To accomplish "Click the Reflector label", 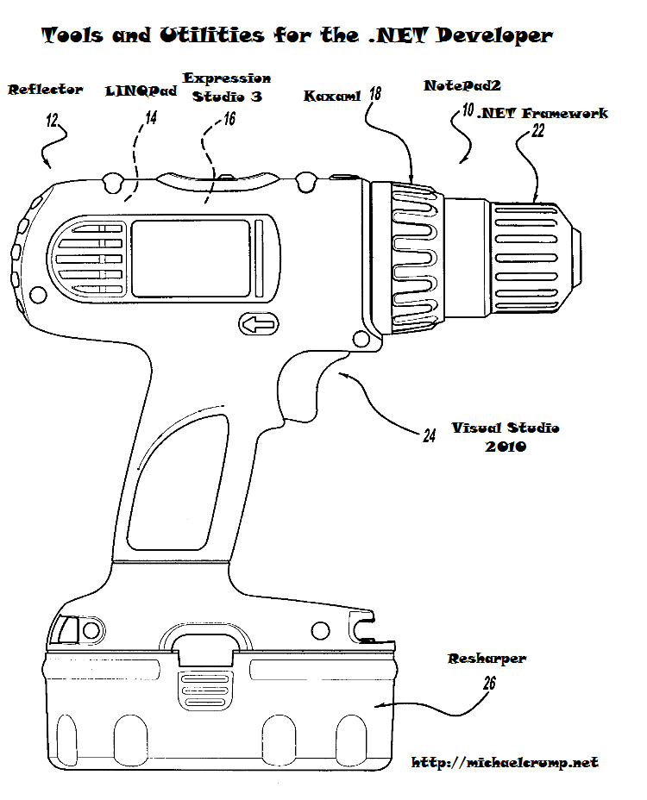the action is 46,90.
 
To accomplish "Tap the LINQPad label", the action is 141,91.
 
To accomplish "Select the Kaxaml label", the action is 332,96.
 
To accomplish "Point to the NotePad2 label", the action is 462,85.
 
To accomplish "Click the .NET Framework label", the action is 543,113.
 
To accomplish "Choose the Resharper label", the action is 487,659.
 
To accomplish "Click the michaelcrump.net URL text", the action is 505,762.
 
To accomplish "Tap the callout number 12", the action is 52,121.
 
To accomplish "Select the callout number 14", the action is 151,118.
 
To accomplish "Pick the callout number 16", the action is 229,119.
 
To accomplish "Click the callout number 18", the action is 375,93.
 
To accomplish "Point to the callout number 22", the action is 538,131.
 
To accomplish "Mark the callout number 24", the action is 430,435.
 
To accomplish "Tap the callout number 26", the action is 489,683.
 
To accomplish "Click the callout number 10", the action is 468,110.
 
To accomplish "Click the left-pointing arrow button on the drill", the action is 259,324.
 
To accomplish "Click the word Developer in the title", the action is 494,35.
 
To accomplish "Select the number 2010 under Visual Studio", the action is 506,447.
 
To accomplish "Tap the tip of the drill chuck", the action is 581,257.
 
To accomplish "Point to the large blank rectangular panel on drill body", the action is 191,258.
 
